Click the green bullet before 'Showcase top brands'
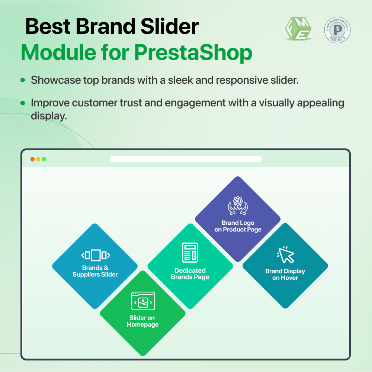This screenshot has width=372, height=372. pos(23,80)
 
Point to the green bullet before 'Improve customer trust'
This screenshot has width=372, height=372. pos(23,102)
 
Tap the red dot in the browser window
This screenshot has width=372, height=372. pos(32,159)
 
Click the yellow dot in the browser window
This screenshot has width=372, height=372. pos(38,159)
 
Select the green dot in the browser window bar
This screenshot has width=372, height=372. pos(44,159)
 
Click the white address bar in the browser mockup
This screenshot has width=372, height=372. pos(186,159)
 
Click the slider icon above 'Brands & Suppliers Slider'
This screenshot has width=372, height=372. pos(95,255)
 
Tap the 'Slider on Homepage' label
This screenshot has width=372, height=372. pos(142,321)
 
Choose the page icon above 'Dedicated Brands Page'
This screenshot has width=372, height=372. pos(190,252)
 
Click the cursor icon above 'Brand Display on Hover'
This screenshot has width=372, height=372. pos(285,254)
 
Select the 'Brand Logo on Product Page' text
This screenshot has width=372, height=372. pos(238,226)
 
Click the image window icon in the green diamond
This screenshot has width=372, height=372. pos(143,301)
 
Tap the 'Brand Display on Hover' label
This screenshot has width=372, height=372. pos(285,275)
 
